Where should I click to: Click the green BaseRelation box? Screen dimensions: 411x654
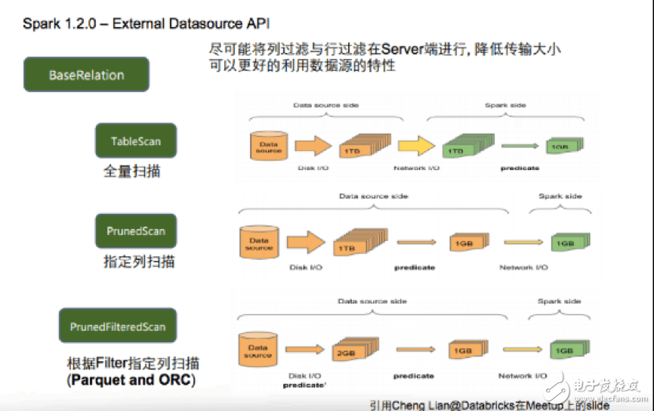click(86, 75)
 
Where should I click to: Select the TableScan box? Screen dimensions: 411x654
click(135, 141)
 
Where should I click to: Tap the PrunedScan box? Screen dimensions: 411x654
click(135, 230)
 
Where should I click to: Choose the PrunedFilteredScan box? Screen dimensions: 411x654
click(117, 326)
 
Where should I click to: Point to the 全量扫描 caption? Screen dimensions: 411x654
click(131, 172)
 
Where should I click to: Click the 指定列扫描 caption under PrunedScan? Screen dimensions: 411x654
click(139, 262)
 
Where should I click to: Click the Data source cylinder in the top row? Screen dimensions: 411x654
click(269, 146)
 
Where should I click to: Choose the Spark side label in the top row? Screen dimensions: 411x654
click(504, 105)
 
